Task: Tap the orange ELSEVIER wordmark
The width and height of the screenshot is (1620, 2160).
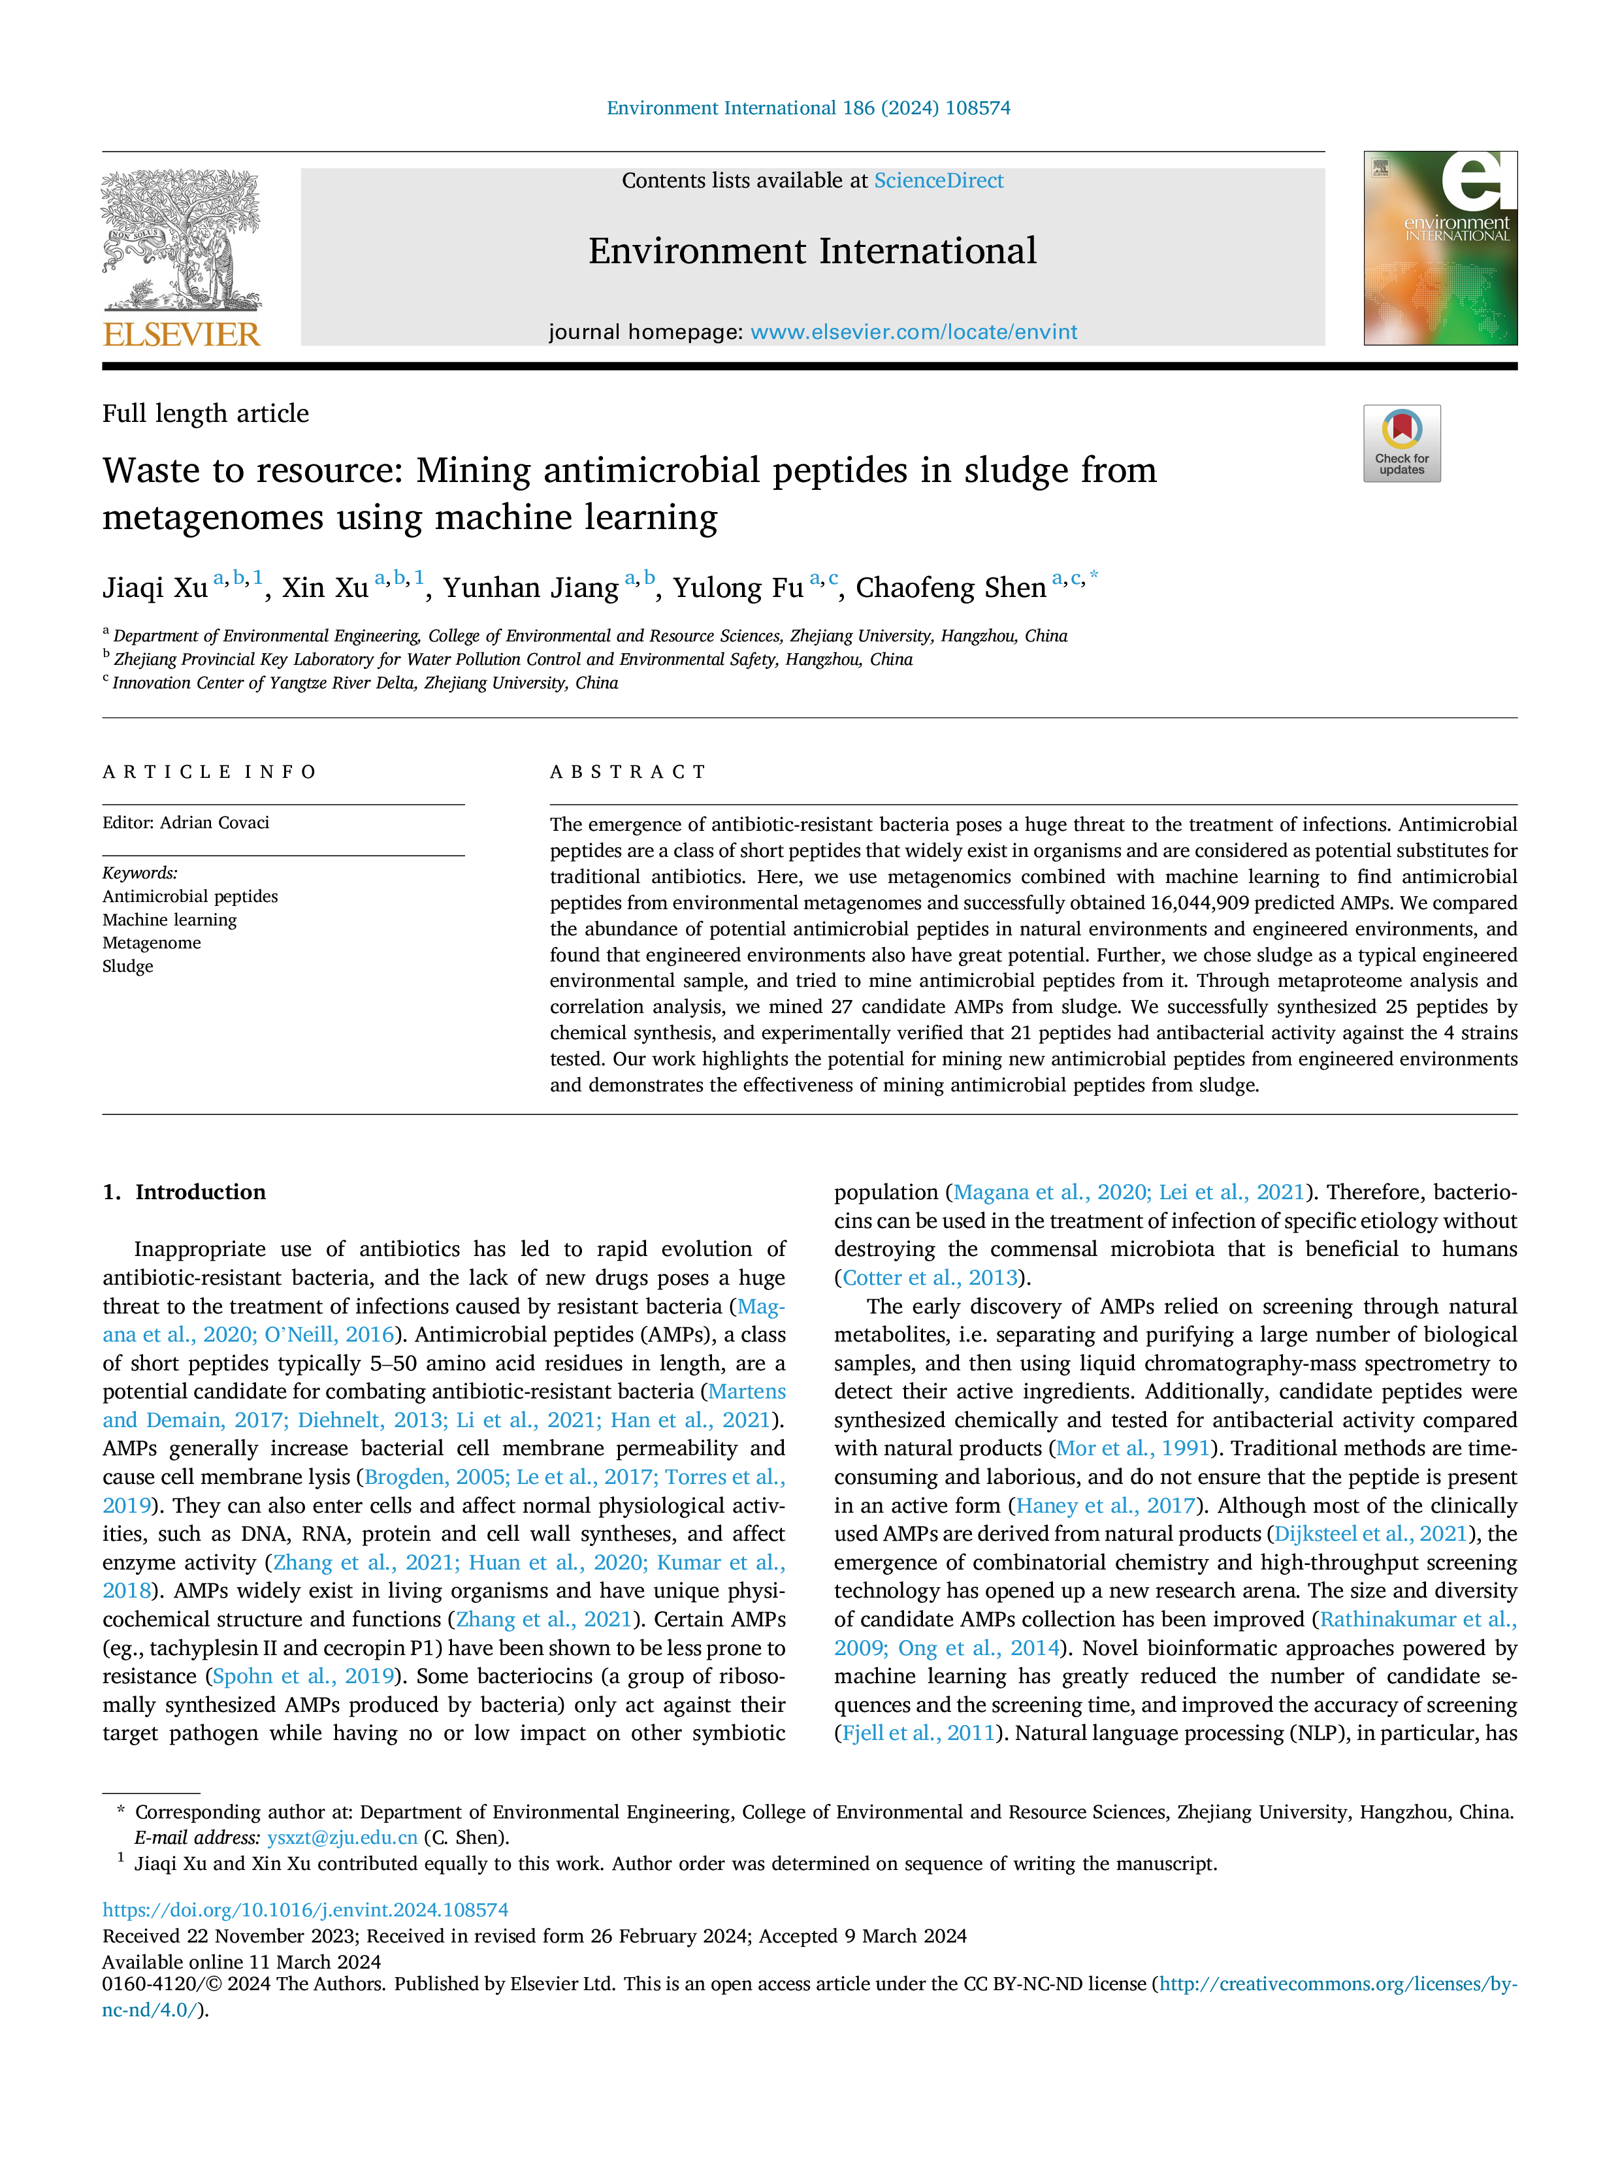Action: (182, 334)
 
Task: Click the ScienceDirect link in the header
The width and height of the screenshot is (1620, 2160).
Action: (939, 181)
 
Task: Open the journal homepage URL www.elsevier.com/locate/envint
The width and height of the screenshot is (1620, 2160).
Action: (913, 332)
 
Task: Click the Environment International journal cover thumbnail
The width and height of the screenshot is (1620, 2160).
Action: (1440, 248)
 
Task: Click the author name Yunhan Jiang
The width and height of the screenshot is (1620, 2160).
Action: (530, 588)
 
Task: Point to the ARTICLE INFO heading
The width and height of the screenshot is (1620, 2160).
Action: (209, 773)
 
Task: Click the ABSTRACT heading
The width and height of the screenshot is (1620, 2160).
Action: (628, 773)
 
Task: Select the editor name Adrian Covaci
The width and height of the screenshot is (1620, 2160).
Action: (215, 822)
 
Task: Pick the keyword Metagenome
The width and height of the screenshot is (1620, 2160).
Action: (152, 943)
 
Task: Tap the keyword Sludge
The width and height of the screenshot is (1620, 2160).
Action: (128, 967)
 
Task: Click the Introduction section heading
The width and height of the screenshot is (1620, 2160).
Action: (200, 1192)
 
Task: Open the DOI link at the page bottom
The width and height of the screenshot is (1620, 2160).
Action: (306, 1910)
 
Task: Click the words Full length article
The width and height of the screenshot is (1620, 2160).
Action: (206, 414)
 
